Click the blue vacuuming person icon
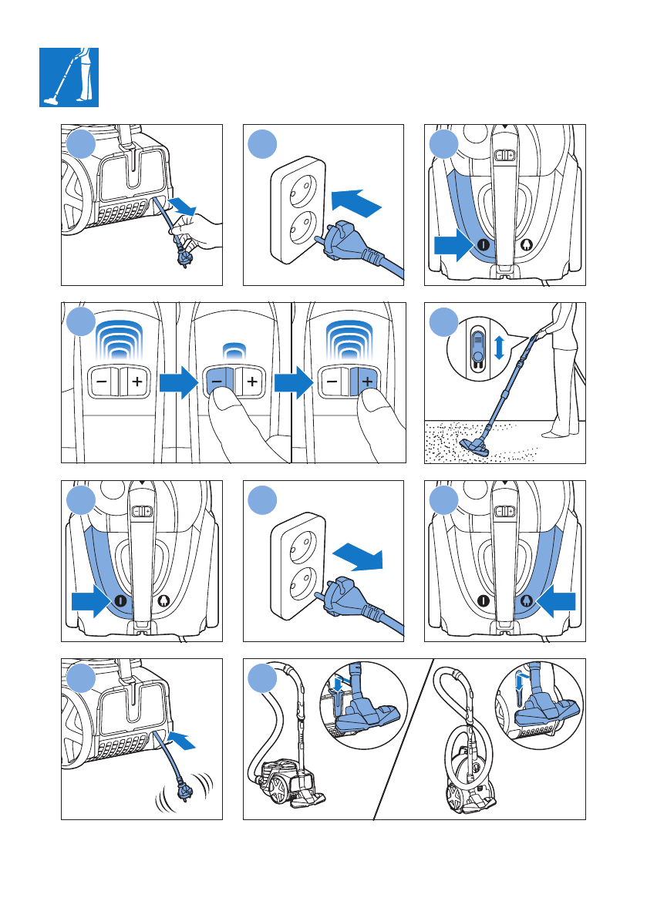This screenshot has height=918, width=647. pyautogui.click(x=69, y=76)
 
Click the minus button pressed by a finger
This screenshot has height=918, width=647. pyautogui.click(x=217, y=380)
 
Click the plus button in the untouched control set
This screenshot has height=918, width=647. pyautogui.click(x=136, y=380)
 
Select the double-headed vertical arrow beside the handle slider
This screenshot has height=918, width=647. pyautogui.click(x=499, y=347)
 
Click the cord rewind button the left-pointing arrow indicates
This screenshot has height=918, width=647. pyautogui.click(x=526, y=600)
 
